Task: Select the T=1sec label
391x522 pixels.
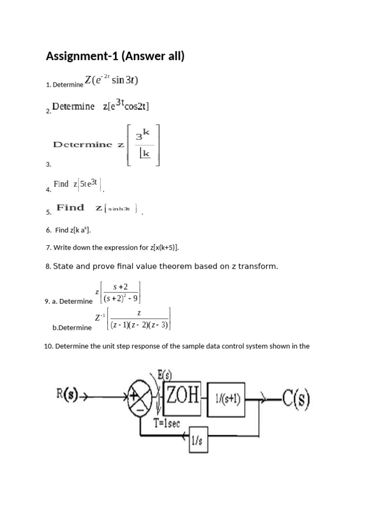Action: click(167, 423)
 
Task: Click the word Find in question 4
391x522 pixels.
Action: click(61, 184)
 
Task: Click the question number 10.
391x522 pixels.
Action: click(48, 346)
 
